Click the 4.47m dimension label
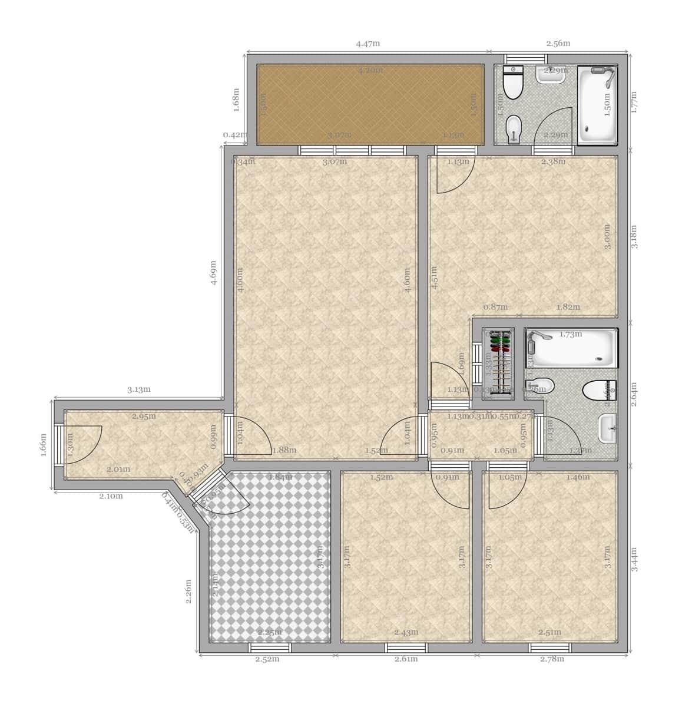[368, 43]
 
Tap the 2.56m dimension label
[558, 43]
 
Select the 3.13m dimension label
[139, 389]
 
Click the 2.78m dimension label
[552, 659]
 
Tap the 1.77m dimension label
[634, 102]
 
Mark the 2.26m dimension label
[188, 592]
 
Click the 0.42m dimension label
[234, 135]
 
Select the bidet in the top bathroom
[514, 127]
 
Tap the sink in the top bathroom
[549, 74]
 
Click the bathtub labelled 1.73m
[571, 349]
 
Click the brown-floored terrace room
[370, 103]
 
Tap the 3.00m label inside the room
[607, 236]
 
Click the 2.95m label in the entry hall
[144, 417]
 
